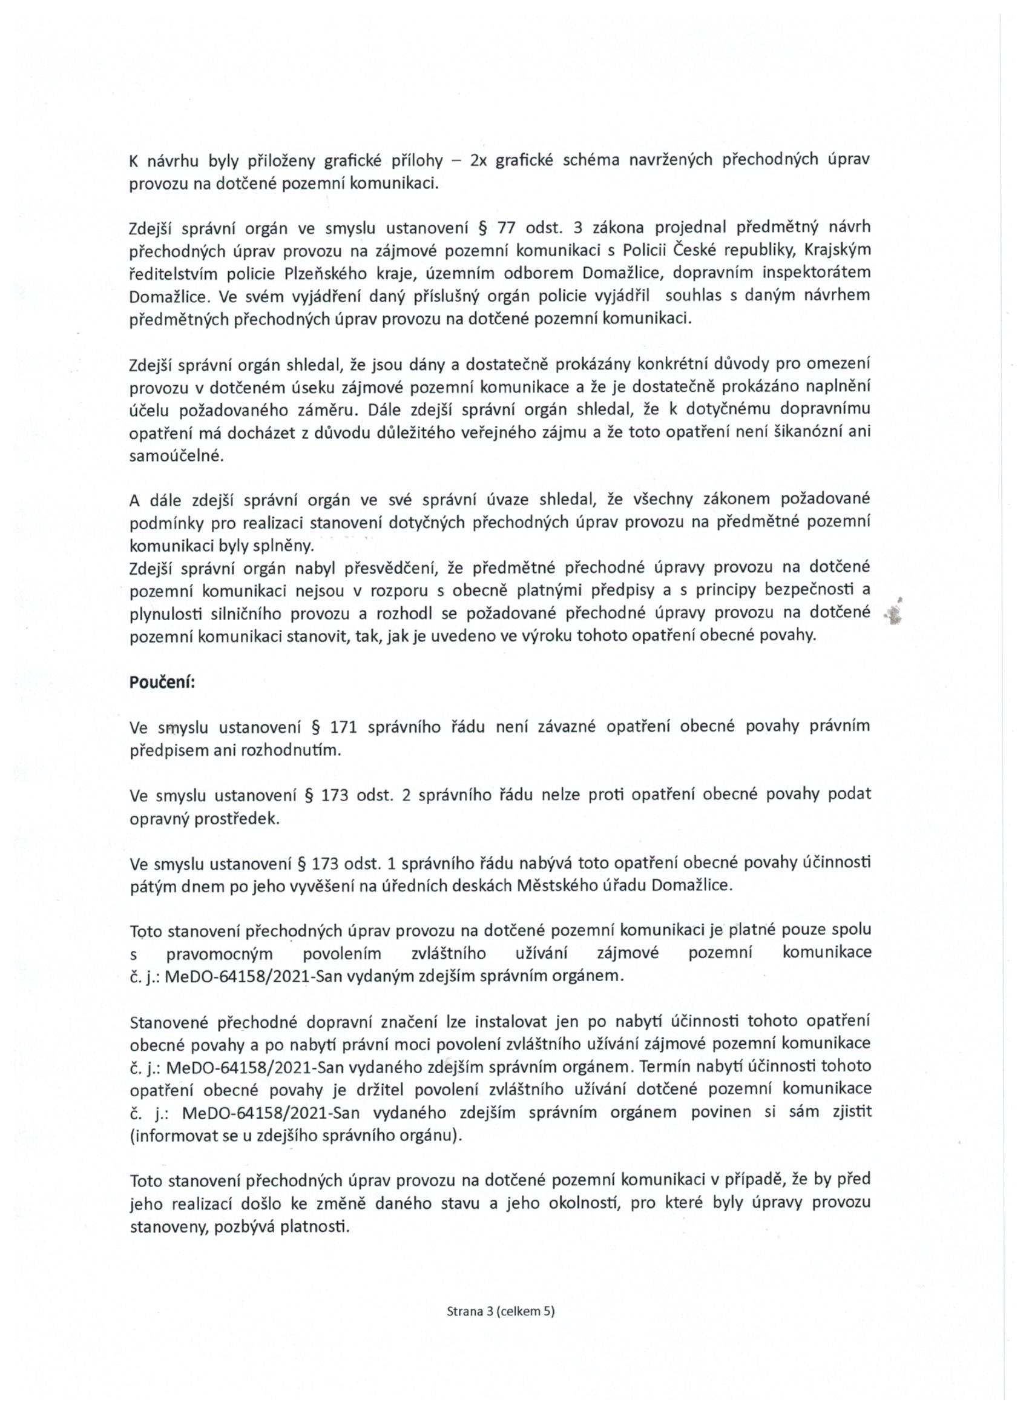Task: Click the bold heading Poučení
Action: point(162,682)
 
